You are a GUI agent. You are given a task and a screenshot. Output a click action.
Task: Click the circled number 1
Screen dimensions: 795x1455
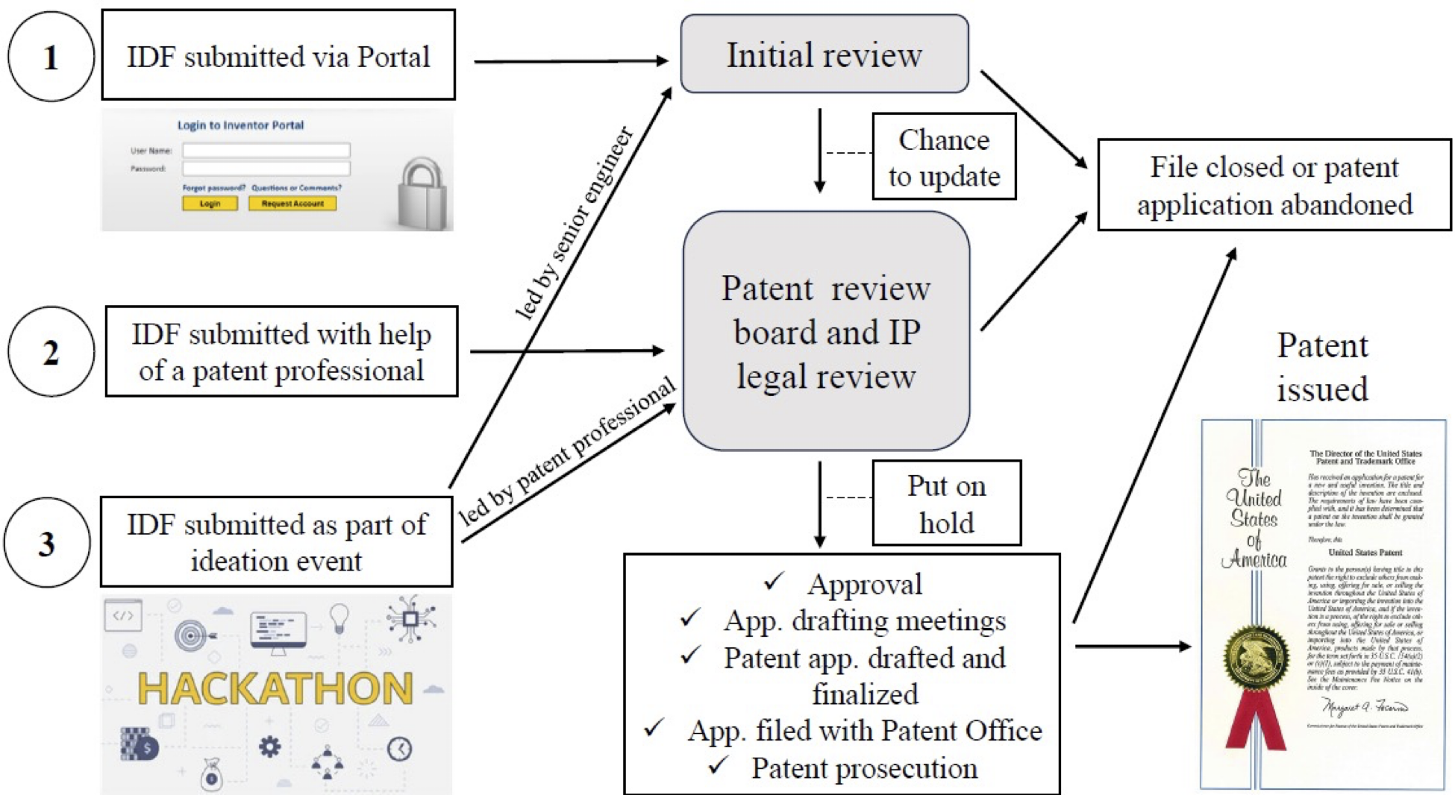tap(51, 57)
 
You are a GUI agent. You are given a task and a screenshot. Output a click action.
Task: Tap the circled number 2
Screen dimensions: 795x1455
tap(51, 351)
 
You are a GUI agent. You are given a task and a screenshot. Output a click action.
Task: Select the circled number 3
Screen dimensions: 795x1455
tap(47, 543)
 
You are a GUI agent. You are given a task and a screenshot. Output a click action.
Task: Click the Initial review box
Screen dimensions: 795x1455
tap(824, 54)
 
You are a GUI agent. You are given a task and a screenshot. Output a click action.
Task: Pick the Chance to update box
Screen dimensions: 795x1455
tap(944, 157)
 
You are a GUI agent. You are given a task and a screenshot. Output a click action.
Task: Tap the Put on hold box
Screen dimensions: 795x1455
tap(946, 503)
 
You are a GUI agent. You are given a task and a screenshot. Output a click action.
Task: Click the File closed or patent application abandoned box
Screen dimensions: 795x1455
tap(1274, 185)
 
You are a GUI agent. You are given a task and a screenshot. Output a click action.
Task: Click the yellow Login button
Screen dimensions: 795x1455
tap(210, 203)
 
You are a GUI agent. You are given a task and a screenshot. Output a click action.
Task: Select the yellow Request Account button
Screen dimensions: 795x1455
tap(292, 203)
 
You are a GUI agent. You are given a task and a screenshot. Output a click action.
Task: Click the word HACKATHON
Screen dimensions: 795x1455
tap(275, 688)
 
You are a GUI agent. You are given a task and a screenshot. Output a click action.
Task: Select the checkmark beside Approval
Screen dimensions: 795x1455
tap(775, 581)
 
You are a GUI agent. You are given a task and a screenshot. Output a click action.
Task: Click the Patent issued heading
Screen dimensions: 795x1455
tap(1322, 367)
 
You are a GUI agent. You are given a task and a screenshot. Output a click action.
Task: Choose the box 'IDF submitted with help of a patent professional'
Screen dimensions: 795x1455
tap(281, 351)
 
